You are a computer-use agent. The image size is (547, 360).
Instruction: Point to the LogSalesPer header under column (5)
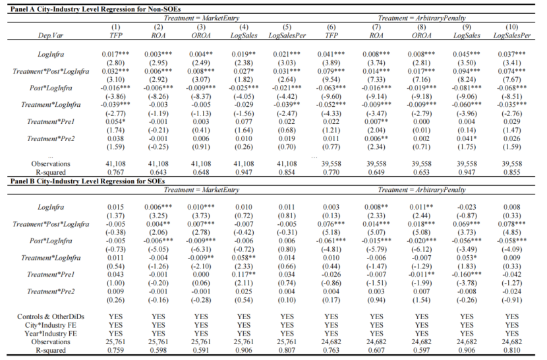click(287, 34)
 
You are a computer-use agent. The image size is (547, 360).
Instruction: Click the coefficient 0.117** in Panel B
click(244, 274)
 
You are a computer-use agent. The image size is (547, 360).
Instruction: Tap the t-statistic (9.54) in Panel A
click(331, 78)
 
